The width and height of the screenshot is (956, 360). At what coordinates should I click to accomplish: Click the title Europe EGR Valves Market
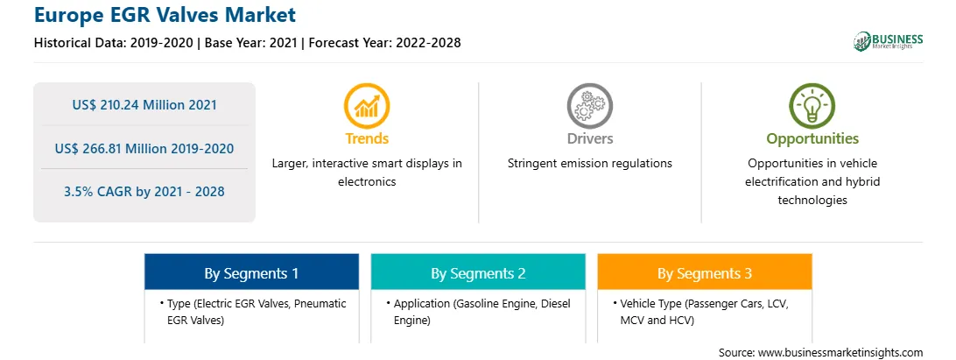point(165,14)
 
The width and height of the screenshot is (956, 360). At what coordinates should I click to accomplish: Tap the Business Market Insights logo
point(888,41)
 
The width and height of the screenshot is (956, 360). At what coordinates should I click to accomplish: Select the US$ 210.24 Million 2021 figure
point(144,105)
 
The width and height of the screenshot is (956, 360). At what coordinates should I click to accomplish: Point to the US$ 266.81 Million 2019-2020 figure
point(144,148)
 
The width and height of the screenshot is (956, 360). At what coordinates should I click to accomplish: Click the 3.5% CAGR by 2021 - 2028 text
point(144,192)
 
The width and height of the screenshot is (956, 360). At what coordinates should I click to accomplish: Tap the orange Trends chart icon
point(367,106)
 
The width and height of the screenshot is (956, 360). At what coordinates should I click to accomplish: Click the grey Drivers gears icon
point(589,106)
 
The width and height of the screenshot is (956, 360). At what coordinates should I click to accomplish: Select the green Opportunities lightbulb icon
point(812,106)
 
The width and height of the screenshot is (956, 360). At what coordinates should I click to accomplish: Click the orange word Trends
point(367,138)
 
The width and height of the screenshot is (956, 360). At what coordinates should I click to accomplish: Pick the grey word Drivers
point(589,138)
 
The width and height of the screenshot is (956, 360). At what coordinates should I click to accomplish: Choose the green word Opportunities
point(812,139)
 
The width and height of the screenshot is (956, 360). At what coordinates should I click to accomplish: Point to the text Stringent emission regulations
point(589,164)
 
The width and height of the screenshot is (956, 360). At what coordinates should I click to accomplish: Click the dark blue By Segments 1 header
point(251,272)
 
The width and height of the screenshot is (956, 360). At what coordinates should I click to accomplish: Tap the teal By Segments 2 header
point(478,272)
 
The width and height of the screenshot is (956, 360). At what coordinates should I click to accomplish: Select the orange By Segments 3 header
point(705,272)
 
